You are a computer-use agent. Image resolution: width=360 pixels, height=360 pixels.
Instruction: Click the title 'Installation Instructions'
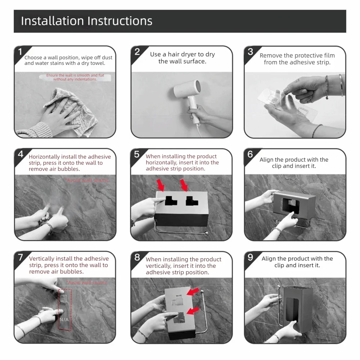pyautogui.click(x=86, y=21)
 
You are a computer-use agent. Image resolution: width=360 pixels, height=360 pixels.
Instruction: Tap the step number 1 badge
pyautogui.click(x=20, y=52)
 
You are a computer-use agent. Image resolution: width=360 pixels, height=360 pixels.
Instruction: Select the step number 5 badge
pyautogui.click(x=136, y=154)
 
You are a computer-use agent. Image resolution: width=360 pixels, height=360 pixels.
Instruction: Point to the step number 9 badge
pyautogui.click(x=250, y=257)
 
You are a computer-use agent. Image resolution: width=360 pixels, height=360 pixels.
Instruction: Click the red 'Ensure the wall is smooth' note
pyautogui.click(x=75, y=77)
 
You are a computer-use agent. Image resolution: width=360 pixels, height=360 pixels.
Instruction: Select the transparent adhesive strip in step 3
pyautogui.click(x=287, y=103)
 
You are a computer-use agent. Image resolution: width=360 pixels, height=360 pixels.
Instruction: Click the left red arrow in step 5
pyautogui.click(x=161, y=185)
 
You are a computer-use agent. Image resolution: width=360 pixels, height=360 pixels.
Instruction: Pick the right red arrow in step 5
pyautogui.click(x=184, y=185)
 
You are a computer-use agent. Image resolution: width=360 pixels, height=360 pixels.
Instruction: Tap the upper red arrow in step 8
pyautogui.click(x=193, y=292)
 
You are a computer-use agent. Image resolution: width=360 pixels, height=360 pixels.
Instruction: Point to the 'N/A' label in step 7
pyautogui.click(x=64, y=319)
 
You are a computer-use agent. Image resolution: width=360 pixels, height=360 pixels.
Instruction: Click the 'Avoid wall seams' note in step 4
pyautogui.click(x=87, y=180)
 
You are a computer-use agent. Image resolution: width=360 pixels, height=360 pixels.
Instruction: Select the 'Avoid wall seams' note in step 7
pyautogui.click(x=87, y=282)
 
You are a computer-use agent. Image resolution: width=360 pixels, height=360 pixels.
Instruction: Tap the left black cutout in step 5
pyautogui.click(x=171, y=201)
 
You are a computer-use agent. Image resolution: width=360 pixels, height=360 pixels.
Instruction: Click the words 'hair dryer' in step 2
pyautogui.click(x=181, y=54)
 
